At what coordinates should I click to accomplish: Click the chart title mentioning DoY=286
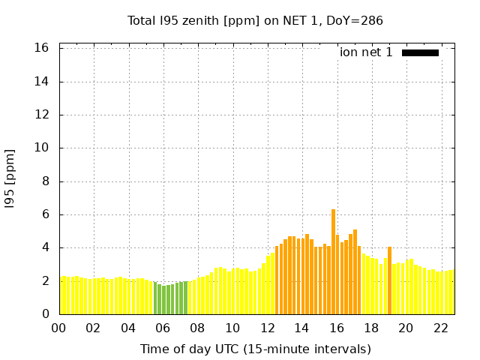pyautogui.click(x=255, y=21)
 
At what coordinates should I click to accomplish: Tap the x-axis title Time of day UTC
pyautogui.click(x=255, y=349)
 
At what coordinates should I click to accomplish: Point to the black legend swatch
pyautogui.click(x=420, y=52)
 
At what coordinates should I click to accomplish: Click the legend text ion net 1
pyautogui.click(x=366, y=52)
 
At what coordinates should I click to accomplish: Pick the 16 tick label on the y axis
pyautogui.click(x=42, y=48)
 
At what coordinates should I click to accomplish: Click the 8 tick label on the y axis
pyautogui.click(x=45, y=181)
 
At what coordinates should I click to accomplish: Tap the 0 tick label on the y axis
pyautogui.click(x=45, y=314)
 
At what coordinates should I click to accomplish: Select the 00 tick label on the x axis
pyautogui.click(x=58, y=328)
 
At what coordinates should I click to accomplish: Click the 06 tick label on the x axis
pyautogui.click(x=163, y=328)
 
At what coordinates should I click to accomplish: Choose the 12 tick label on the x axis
pyautogui.click(x=267, y=328)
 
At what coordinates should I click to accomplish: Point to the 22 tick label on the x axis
pyautogui.click(x=440, y=328)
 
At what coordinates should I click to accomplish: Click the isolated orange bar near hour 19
pyautogui.click(x=389, y=280)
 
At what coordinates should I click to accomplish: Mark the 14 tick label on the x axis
pyautogui.click(x=301, y=328)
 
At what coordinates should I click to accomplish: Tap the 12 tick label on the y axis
pyautogui.click(x=42, y=115)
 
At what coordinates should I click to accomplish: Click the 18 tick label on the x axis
pyautogui.click(x=371, y=328)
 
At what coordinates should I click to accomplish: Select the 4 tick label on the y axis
pyautogui.click(x=45, y=247)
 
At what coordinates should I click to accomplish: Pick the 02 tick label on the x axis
pyautogui.click(x=94, y=328)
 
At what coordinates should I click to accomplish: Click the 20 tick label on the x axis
pyautogui.click(x=406, y=328)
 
